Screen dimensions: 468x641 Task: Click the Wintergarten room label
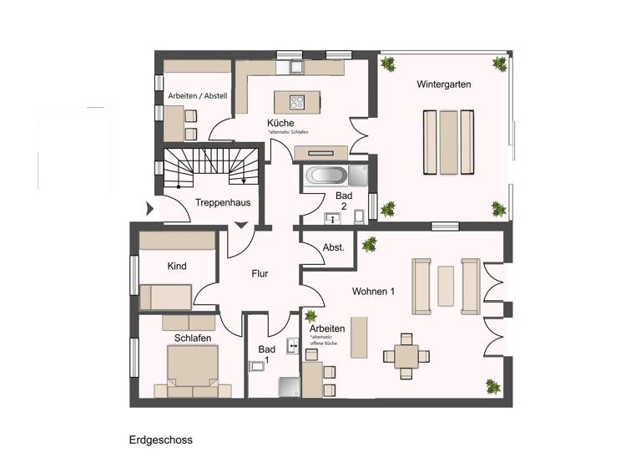click(445, 84)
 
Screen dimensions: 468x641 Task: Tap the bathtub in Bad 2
click(326, 176)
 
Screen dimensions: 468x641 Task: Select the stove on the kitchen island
click(298, 102)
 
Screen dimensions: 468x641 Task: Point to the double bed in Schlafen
click(193, 369)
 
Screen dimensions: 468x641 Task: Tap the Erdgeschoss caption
click(161, 439)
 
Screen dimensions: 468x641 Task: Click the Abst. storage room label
click(334, 247)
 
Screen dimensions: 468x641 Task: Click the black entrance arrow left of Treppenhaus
click(150, 208)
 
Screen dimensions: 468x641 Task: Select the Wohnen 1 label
click(372, 292)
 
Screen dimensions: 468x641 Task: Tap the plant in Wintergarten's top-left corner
click(388, 63)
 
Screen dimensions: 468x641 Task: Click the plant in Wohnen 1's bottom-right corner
click(491, 387)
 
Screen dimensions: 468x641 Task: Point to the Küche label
click(280, 123)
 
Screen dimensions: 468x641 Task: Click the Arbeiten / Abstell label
click(197, 96)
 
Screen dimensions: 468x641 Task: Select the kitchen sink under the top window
click(294, 67)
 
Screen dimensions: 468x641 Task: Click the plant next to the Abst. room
click(369, 244)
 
